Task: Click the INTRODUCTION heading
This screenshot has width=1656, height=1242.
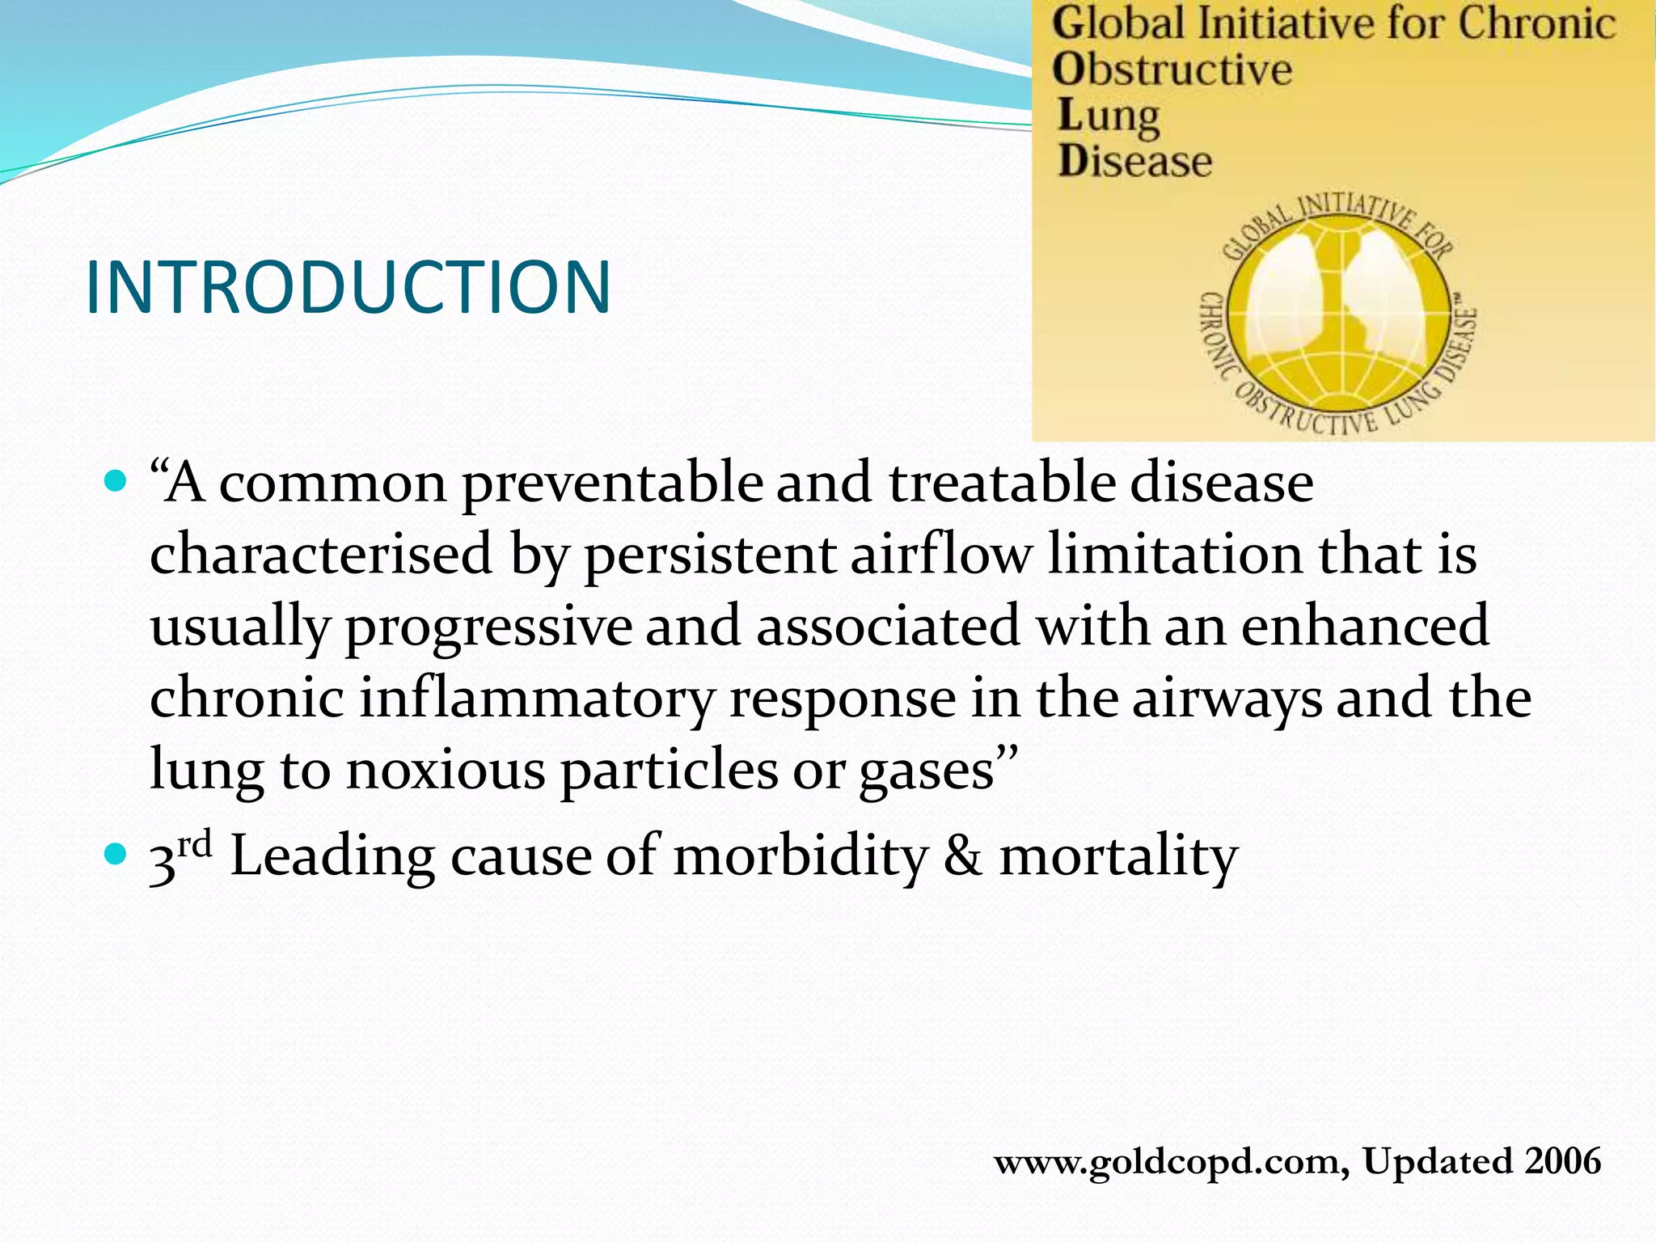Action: click(x=348, y=287)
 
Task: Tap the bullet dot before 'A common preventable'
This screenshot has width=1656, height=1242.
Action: click(x=116, y=483)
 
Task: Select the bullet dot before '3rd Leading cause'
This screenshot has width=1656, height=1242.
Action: click(x=116, y=854)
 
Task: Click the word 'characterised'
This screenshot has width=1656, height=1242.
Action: click(x=321, y=555)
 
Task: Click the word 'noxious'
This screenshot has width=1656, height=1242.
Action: click(x=446, y=771)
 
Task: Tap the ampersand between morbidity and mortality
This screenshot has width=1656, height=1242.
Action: click(x=963, y=857)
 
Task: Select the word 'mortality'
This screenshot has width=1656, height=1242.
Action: click(x=1118, y=857)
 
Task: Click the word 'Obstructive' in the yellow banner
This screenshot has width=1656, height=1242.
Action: click(x=1172, y=70)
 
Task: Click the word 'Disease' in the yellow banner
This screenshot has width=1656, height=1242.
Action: click(x=1135, y=161)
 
